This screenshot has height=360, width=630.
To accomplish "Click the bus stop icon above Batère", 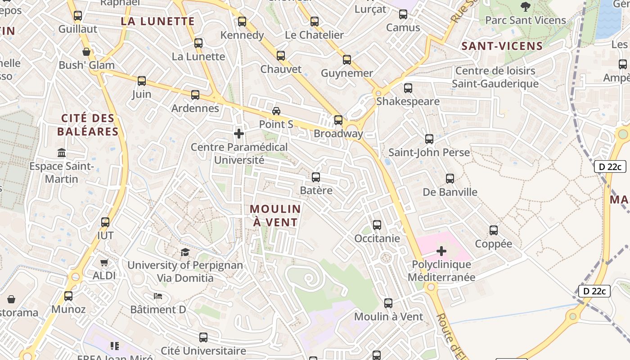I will [x=316, y=177].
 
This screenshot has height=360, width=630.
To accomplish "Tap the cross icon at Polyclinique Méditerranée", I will [x=441, y=251].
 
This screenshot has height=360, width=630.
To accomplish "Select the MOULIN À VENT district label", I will [x=275, y=216].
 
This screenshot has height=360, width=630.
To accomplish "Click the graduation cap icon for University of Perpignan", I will [x=185, y=252].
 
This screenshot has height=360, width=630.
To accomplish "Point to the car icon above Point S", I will [x=276, y=111].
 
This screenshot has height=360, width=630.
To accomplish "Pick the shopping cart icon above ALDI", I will [x=104, y=262].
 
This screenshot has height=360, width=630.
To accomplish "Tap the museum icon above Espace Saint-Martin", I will [x=62, y=153].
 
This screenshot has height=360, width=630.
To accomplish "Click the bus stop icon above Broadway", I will [x=338, y=120].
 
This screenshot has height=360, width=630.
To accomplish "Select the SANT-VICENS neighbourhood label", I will [x=502, y=46].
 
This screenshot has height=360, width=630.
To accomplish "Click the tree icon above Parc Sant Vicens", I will [x=525, y=6].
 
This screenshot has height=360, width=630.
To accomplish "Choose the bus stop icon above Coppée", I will [x=494, y=230].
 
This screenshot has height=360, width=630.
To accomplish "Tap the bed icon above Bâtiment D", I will [x=158, y=296].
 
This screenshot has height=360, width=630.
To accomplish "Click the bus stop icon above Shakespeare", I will [x=408, y=88].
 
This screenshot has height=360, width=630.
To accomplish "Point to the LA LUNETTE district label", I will [x=157, y=21].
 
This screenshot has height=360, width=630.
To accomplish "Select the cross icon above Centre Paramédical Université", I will [x=239, y=134].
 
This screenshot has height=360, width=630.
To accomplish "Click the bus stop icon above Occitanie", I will [x=377, y=225].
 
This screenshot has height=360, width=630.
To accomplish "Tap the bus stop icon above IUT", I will [x=105, y=222].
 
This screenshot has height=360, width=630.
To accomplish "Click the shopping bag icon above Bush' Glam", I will [x=86, y=52].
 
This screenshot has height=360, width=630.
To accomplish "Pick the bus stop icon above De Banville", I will [x=450, y=179].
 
